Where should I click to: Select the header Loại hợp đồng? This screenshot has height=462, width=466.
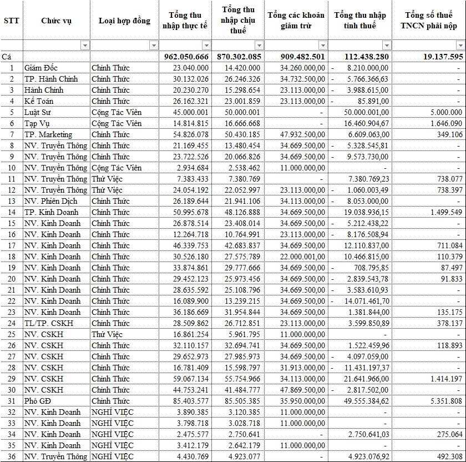pyautogui.click(x=124, y=21)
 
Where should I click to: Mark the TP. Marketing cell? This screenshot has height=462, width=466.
pyautogui.click(x=48, y=134)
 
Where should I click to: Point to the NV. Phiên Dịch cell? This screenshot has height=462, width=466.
pyautogui.click(x=51, y=201)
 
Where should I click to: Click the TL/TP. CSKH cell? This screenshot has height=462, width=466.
pyautogui.click(x=48, y=323)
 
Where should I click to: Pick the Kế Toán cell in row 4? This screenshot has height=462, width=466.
pyautogui.click(x=38, y=101)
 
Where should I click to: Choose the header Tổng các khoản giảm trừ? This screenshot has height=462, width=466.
pyautogui.click(x=296, y=21)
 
